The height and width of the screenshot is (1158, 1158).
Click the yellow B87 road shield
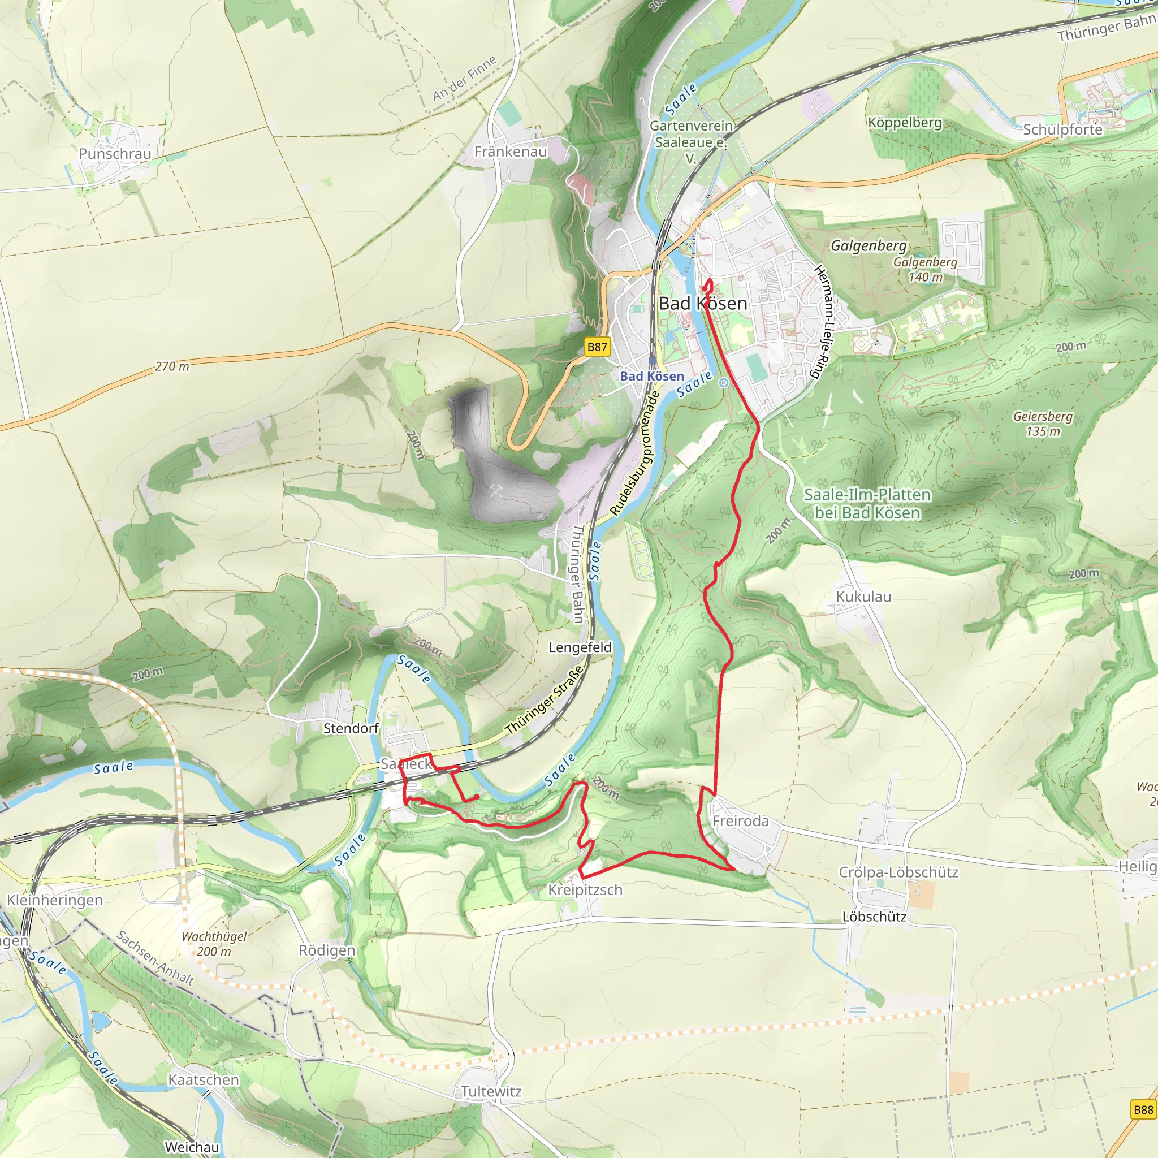point(597,347)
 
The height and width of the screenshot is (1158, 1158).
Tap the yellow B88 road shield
point(1143,1109)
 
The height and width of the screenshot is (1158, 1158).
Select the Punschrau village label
point(115,153)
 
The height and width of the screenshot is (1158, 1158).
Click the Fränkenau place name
point(511,152)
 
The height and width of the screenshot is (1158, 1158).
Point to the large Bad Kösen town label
point(702,303)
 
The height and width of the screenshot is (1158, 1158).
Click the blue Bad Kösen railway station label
point(651,376)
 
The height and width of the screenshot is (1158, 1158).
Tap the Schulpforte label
point(1062,129)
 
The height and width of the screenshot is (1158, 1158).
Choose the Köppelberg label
point(905,122)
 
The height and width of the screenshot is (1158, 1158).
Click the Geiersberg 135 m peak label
point(1042,423)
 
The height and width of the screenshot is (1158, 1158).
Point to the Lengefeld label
point(580,647)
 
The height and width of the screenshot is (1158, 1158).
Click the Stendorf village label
point(351,728)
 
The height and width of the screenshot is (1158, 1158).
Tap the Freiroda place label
point(740,820)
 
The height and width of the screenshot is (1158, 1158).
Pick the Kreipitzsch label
point(585,890)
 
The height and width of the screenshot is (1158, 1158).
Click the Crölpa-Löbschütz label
point(898,872)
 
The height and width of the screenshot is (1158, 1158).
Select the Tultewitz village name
point(491,1091)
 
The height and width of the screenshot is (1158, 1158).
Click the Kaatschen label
point(203,1079)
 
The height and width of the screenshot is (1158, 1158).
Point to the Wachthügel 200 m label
point(214,944)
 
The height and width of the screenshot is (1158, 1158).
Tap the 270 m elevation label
point(172,366)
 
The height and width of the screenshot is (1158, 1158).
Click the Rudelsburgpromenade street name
point(635,453)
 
